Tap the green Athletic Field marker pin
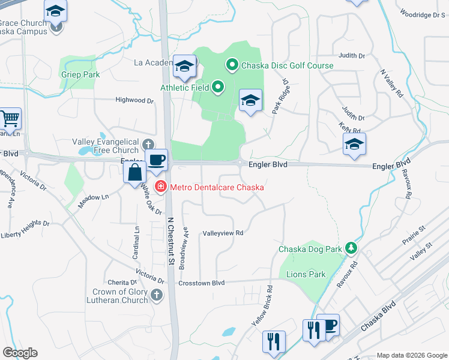pos(217,88)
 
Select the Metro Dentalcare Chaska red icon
pos(161,187)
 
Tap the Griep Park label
pos(80,74)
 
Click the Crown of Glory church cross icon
pos(156,295)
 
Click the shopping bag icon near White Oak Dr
pos(135,173)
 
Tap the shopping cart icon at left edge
pos(10,119)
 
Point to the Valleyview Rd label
pos(223,233)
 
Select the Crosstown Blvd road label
pos(201,283)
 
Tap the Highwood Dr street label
pos(134,100)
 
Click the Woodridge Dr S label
pos(422,13)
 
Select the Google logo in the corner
pos(19,353)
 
